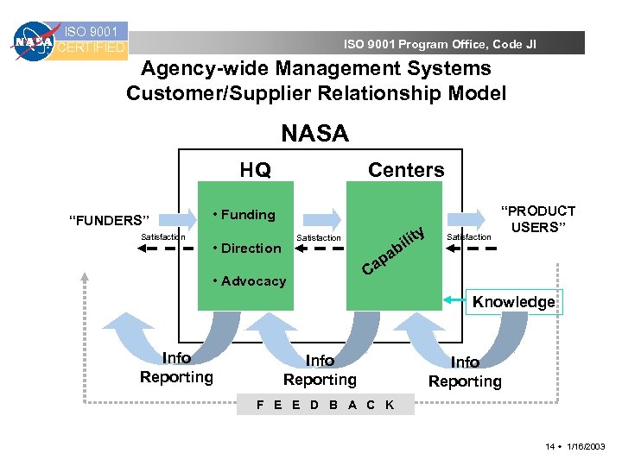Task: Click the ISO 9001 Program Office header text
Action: pos(440,44)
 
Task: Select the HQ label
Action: pos(255,170)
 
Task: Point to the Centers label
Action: pos(406,170)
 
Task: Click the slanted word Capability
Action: pos(393,251)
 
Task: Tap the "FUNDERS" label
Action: pos(110,220)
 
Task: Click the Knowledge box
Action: pos(513,302)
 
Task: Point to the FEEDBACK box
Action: pos(326,405)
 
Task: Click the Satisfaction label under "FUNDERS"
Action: pos(162,236)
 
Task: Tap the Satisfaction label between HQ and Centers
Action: pos(319,237)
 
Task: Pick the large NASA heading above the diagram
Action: pos(314,133)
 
